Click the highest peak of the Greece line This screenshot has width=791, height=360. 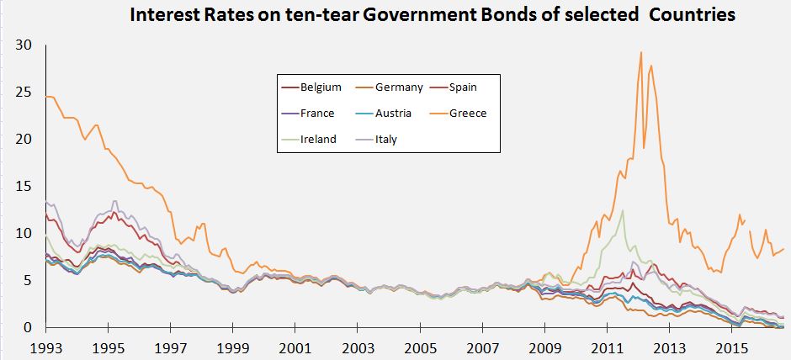tap(641, 52)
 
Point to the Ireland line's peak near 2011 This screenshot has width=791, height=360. tap(623, 210)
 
